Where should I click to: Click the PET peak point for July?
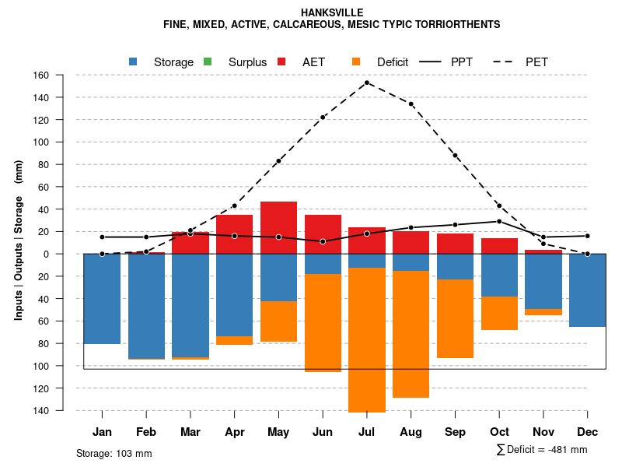(367, 83)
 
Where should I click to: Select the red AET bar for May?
(278, 227)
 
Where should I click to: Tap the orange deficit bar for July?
(367, 339)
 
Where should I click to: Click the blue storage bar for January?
(102, 299)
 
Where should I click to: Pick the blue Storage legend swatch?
(134, 61)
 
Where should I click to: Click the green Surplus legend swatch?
(207, 61)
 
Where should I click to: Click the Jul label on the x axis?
(367, 432)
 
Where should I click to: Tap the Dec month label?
(588, 432)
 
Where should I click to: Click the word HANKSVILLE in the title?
(331, 12)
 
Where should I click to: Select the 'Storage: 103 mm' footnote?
(114, 453)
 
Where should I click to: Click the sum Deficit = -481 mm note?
(541, 450)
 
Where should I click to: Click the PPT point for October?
(499, 221)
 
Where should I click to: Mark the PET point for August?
(411, 104)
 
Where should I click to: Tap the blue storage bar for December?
(588, 290)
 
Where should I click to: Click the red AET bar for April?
(234, 233)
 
